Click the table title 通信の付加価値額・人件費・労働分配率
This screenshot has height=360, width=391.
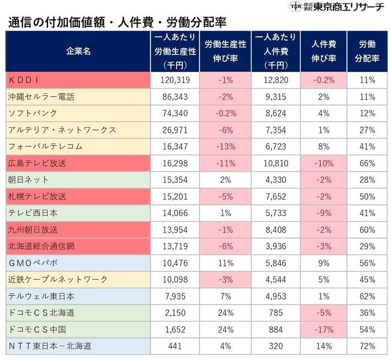click(x=117, y=22)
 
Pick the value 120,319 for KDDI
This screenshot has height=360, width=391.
click(x=173, y=79)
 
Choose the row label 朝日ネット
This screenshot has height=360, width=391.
click(x=28, y=180)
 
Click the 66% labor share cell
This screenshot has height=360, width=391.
click(x=367, y=163)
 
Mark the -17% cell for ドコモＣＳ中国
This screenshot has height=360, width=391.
click(x=323, y=330)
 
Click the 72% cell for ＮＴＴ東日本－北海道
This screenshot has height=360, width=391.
click(x=367, y=346)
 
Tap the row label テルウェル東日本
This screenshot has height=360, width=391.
click(x=41, y=296)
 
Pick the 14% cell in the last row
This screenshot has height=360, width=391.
click(x=323, y=346)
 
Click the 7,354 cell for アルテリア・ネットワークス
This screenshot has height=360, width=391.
click(x=276, y=129)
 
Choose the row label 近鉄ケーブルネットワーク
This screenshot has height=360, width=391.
click(x=58, y=280)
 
